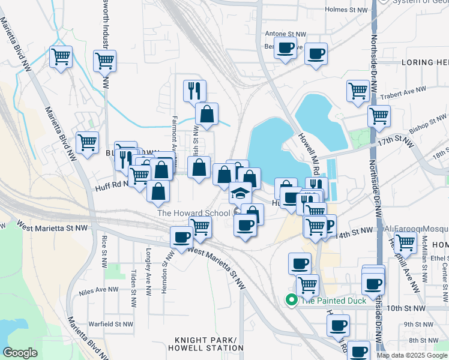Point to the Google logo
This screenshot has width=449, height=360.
pos(20,353)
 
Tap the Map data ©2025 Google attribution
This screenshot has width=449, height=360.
pos(412,355)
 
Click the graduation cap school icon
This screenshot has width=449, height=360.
pos(240,193)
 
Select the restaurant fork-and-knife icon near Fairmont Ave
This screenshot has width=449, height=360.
pos(194,91)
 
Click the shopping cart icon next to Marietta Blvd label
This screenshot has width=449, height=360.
pos(88,143)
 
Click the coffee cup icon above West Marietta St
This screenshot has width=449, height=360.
pos(182,236)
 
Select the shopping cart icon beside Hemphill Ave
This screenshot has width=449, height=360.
pos(406,242)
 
